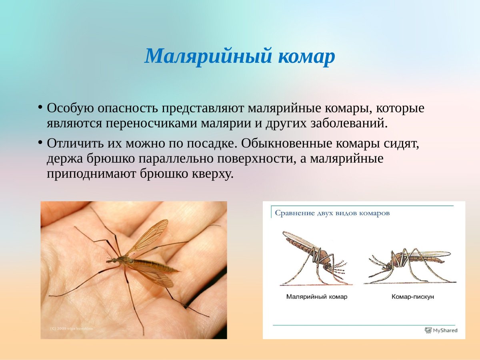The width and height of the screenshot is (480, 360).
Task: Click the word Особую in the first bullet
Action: tap(70, 108)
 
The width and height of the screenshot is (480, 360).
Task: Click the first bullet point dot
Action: tap(40, 107)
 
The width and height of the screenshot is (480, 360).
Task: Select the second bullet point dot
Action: tap(40, 142)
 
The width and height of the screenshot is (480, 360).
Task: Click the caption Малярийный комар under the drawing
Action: tap(316, 297)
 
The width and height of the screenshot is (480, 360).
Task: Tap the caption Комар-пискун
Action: tap(412, 297)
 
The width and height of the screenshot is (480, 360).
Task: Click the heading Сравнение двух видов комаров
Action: tap(332, 213)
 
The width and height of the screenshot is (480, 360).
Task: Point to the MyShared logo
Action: tap(441, 330)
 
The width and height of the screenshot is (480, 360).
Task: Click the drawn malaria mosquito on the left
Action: tap(314, 256)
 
